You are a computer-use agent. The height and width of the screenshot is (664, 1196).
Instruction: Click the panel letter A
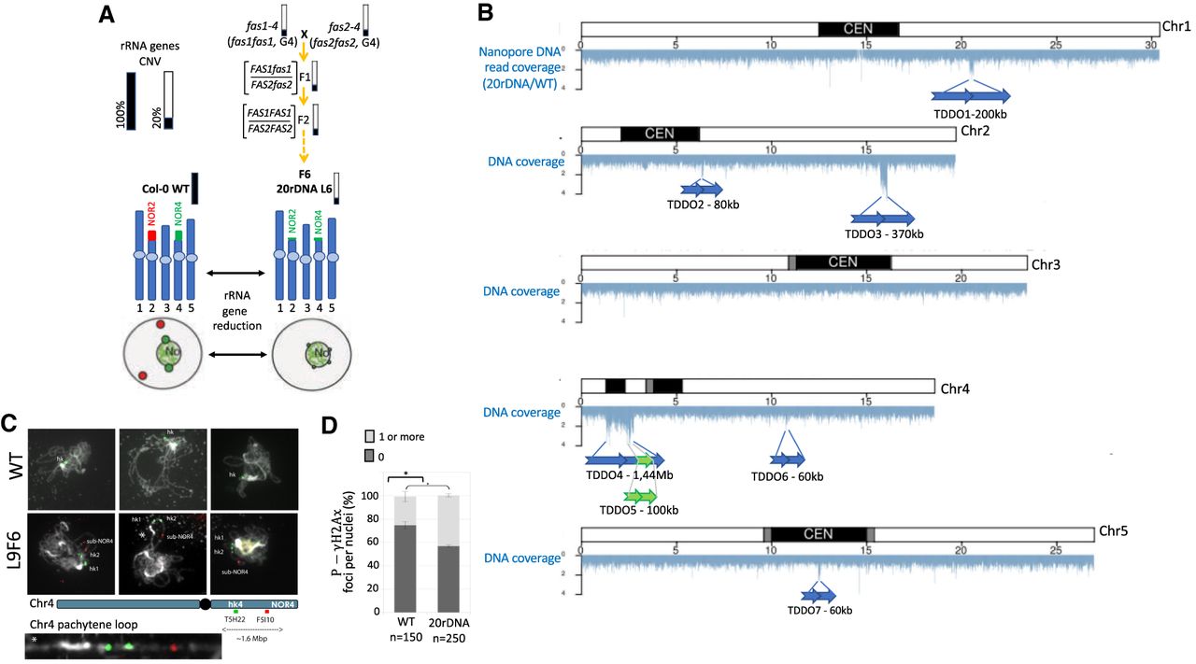tap(107, 15)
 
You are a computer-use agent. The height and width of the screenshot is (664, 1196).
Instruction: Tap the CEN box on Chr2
tap(659, 134)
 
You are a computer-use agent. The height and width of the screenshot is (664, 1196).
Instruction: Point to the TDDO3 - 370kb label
tap(883, 233)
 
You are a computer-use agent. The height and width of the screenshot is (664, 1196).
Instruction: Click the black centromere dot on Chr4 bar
tap(205, 605)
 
